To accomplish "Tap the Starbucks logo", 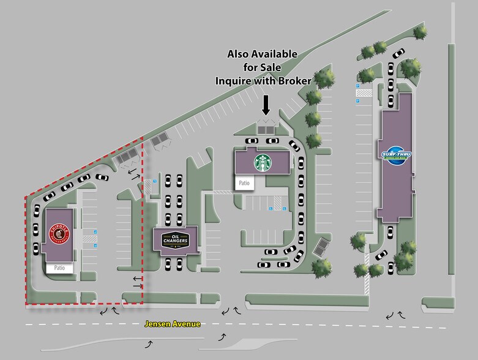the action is pyautogui.click(x=263, y=162).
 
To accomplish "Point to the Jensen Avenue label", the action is pyautogui.click(x=172, y=324).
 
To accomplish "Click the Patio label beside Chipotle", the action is pyautogui.click(x=59, y=268).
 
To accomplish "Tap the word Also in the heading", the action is pyautogui.click(x=238, y=54).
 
